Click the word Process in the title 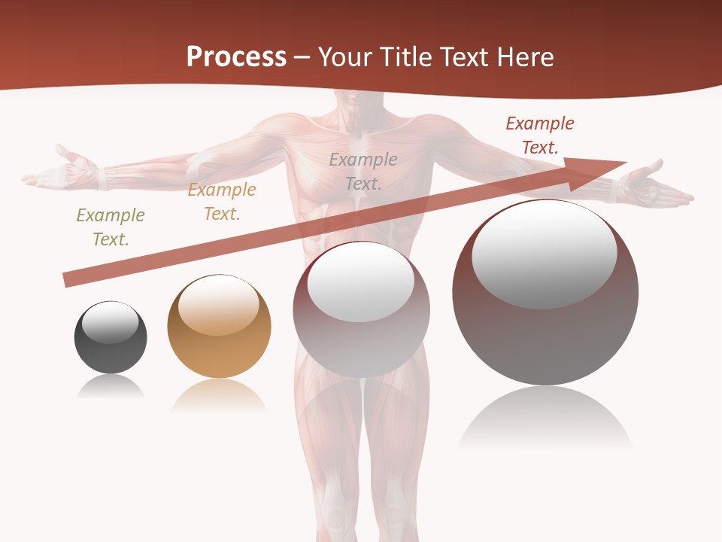(x=236, y=56)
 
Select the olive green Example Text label (x=111, y=227)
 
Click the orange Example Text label (x=222, y=202)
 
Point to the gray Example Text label (x=363, y=171)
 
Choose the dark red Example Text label (x=539, y=135)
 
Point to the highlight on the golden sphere (x=219, y=305)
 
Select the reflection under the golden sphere (x=219, y=395)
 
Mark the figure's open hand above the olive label (x=64, y=172)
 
